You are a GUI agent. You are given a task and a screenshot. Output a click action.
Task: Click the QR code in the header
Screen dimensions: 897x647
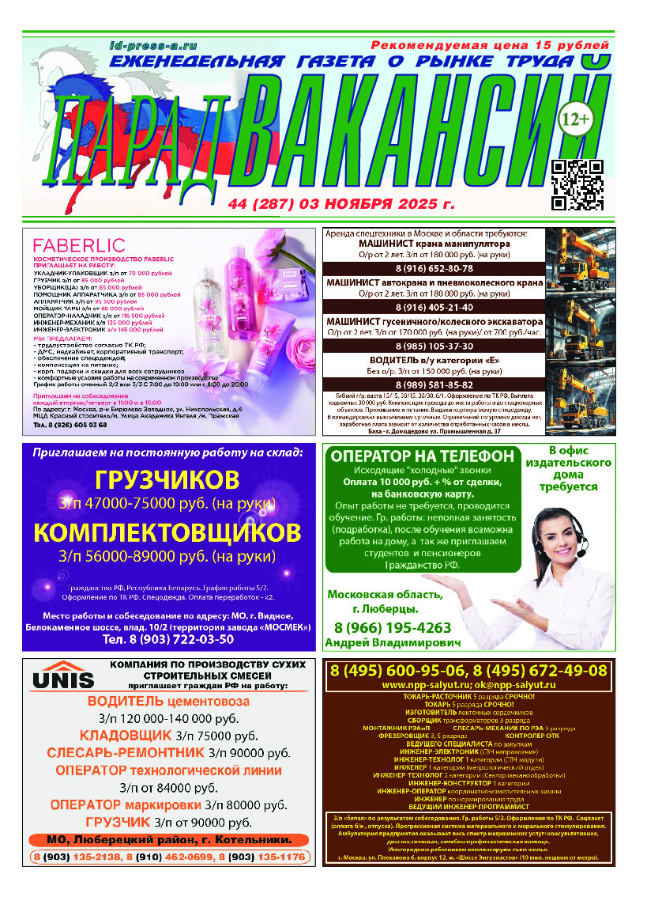tap(577, 184)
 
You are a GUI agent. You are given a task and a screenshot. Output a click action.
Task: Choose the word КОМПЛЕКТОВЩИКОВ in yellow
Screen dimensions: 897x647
tap(166, 530)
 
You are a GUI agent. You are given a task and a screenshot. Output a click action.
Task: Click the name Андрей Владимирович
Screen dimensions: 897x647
tap(393, 643)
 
